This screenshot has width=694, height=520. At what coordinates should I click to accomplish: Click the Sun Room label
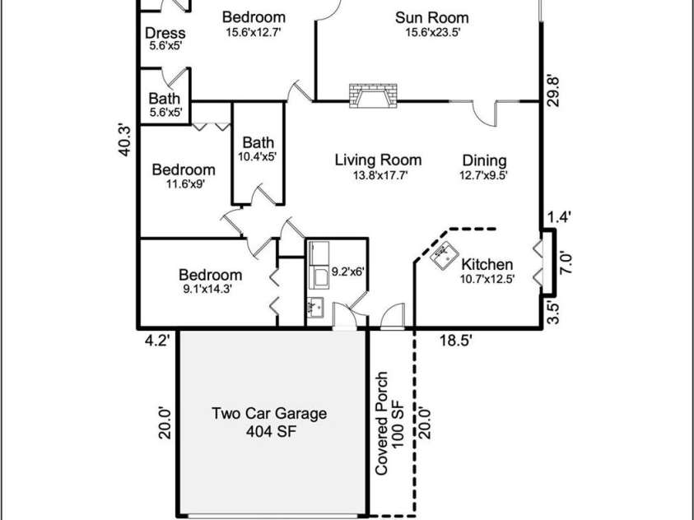pos(431,17)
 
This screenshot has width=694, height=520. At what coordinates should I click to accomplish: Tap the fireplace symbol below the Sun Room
pos(372,96)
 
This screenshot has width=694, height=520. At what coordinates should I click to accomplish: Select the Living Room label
pos(378,160)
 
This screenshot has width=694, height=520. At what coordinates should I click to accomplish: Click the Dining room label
pos(484,160)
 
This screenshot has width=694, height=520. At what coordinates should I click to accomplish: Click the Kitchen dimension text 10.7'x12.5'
pos(487,279)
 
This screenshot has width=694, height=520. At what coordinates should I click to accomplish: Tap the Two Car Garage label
pos(268,413)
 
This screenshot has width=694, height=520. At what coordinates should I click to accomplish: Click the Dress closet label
pos(165,34)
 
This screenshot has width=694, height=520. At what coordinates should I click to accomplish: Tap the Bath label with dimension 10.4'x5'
pos(258,142)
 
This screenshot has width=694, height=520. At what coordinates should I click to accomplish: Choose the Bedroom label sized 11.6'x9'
pos(184,170)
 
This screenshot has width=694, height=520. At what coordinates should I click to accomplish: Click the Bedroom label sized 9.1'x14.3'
pos(211,275)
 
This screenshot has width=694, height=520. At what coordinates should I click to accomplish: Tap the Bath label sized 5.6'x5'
pos(165,99)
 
